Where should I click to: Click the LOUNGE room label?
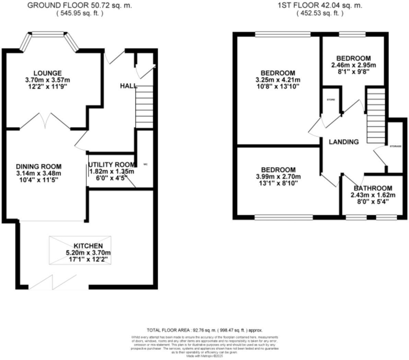coord(47,73)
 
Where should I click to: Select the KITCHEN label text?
coord(88,246)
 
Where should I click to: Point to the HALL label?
coord(128,86)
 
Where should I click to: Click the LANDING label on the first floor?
coord(343,142)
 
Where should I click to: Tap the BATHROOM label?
coord(373,188)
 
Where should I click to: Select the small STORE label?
coord(330,100)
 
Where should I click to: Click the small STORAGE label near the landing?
coord(395,146)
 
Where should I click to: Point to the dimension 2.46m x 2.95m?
coord(353,65)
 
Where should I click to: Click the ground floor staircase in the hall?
coord(144,106)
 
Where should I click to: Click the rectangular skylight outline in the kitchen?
coord(80,250)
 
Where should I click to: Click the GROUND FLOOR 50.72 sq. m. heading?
coord(79,5)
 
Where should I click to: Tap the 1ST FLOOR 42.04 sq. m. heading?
coord(319,5)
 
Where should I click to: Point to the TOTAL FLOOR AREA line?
coord(204,330)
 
